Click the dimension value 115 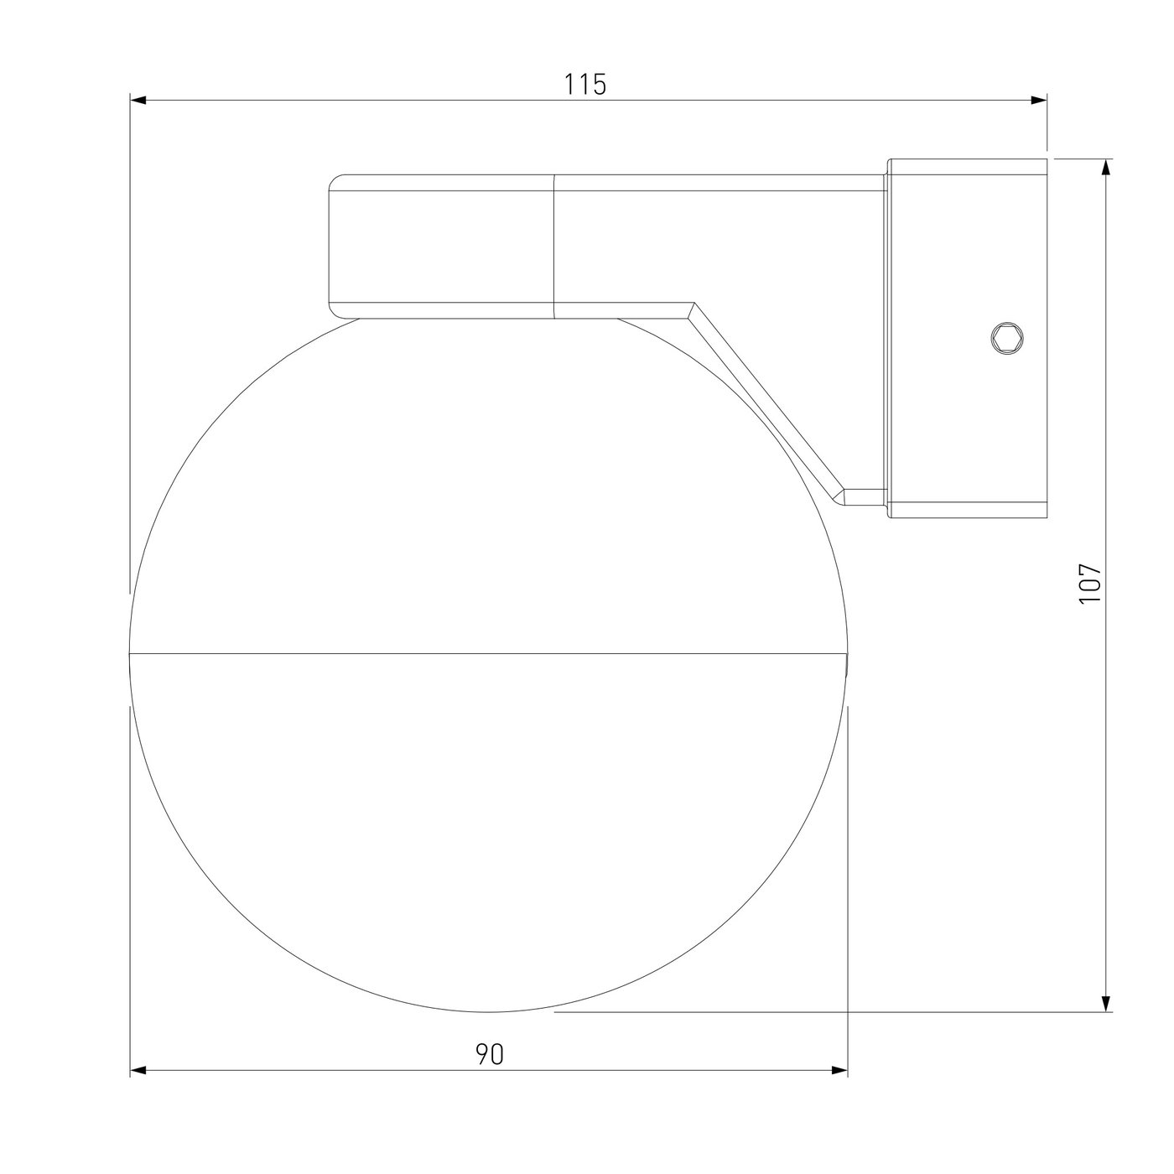pos(584,85)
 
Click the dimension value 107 pos(1090,584)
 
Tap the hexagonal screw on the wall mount pos(1007,337)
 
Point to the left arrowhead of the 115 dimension pos(138,101)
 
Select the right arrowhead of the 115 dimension pos(1039,101)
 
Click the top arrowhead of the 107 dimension pos(1106,168)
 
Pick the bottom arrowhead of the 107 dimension pos(1106,1004)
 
